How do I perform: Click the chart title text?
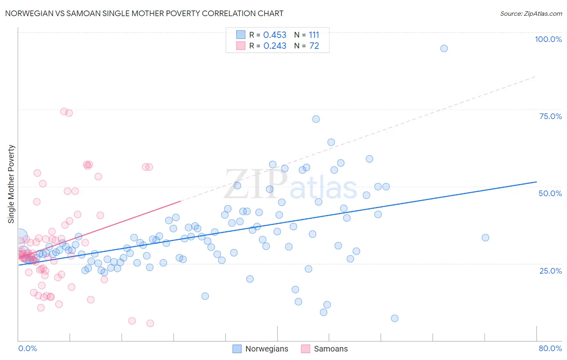(x=144, y=13)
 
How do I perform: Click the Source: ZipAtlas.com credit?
(x=531, y=13)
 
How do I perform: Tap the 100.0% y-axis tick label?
(x=548, y=39)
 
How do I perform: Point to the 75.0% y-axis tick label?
(x=550, y=116)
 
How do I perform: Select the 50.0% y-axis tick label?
(x=550, y=193)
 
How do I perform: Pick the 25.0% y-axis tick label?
(x=550, y=271)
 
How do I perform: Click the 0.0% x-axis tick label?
(x=27, y=348)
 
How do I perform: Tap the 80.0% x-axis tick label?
(x=550, y=348)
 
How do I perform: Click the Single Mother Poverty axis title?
(x=11, y=184)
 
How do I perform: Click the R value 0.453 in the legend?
(x=275, y=35)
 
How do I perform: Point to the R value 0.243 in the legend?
(x=275, y=46)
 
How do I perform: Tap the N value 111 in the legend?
(x=314, y=35)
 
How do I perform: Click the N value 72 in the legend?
(x=314, y=46)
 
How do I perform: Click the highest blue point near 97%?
(x=444, y=48)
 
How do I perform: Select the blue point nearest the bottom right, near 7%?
(x=395, y=318)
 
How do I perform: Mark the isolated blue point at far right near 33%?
(x=486, y=238)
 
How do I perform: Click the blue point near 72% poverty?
(x=316, y=119)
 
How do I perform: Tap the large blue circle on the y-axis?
(x=20, y=235)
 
